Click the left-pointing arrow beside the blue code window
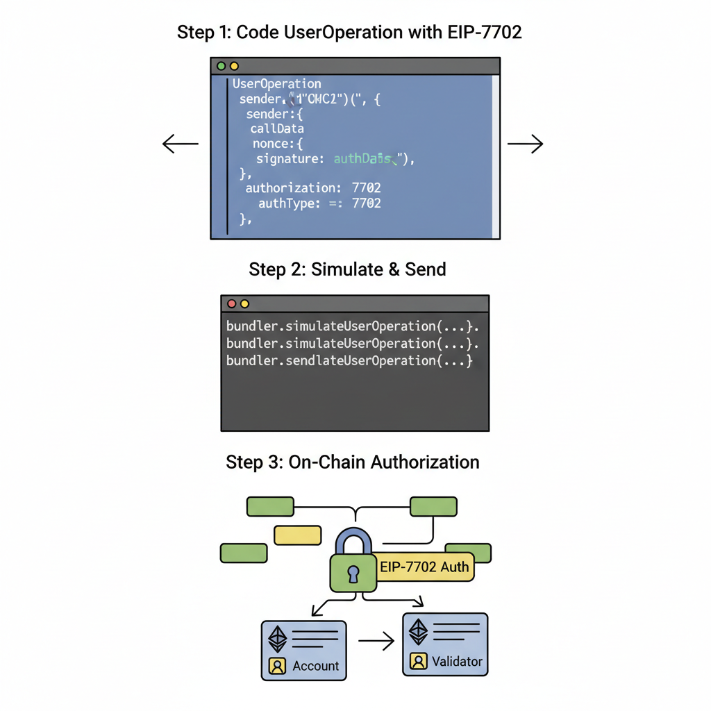pyautogui.click(x=179, y=144)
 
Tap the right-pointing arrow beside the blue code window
pyautogui.click(x=525, y=144)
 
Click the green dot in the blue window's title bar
pyautogui.click(x=221, y=66)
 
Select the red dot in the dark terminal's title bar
pyautogui.click(x=232, y=304)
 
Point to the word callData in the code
pyautogui.click(x=277, y=128)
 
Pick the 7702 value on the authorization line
pyautogui.click(x=366, y=188)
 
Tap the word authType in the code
pyautogui.click(x=285, y=203)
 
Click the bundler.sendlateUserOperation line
pyautogui.click(x=349, y=360)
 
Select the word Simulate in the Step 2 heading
pyautogui.click(x=345, y=269)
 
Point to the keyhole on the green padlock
pyautogui.click(x=353, y=574)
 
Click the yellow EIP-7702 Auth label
pyautogui.click(x=425, y=567)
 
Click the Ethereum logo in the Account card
pyautogui.click(x=278, y=639)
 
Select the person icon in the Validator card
pyautogui.click(x=419, y=661)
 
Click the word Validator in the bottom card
pyautogui.click(x=456, y=661)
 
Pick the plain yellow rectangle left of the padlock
pyautogui.click(x=297, y=535)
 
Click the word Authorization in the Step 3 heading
pyautogui.click(x=425, y=462)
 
